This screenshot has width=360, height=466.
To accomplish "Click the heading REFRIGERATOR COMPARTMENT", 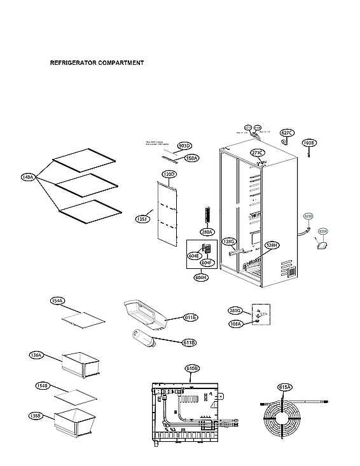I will [x=97, y=64].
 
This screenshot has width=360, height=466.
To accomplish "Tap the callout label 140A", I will [x=27, y=178].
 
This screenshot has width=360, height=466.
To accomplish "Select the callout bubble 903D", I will [x=184, y=146].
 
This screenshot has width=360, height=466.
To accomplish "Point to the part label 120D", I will [x=169, y=174].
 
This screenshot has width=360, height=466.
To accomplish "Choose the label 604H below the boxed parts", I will [x=202, y=277].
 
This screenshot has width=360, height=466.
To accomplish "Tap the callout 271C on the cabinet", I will [x=257, y=153].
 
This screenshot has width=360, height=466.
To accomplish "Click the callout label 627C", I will [x=287, y=133].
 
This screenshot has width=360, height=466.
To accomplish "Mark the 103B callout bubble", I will [x=309, y=143].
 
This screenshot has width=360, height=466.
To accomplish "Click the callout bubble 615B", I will [x=193, y=368].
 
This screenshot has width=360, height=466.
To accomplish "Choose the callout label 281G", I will [x=235, y=310].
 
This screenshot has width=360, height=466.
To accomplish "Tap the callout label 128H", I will [x=272, y=245].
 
